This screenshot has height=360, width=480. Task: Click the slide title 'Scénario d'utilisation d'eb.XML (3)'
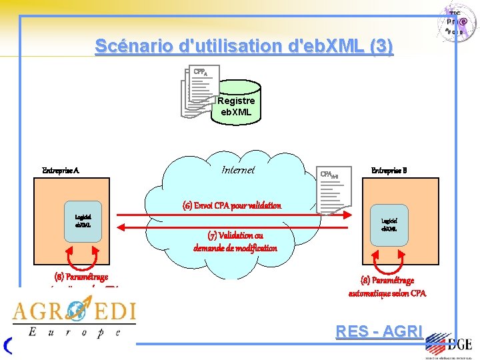(244, 46)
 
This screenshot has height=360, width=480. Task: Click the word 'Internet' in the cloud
(238, 170)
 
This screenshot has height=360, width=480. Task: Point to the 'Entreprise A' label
(61, 171)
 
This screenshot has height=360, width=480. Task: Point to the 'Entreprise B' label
(389, 171)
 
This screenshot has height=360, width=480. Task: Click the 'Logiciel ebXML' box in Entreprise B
(389, 224)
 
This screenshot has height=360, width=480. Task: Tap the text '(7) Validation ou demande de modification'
(235, 241)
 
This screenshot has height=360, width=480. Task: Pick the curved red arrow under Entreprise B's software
(389, 259)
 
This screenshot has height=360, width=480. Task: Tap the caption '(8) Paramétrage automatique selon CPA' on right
(387, 287)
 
